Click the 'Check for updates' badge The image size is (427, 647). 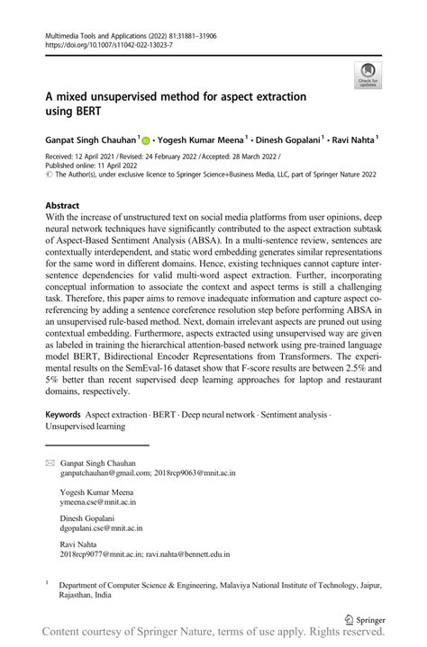coord(367,76)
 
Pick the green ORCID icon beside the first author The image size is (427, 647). coord(146,140)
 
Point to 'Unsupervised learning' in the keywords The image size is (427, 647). coord(86,427)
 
